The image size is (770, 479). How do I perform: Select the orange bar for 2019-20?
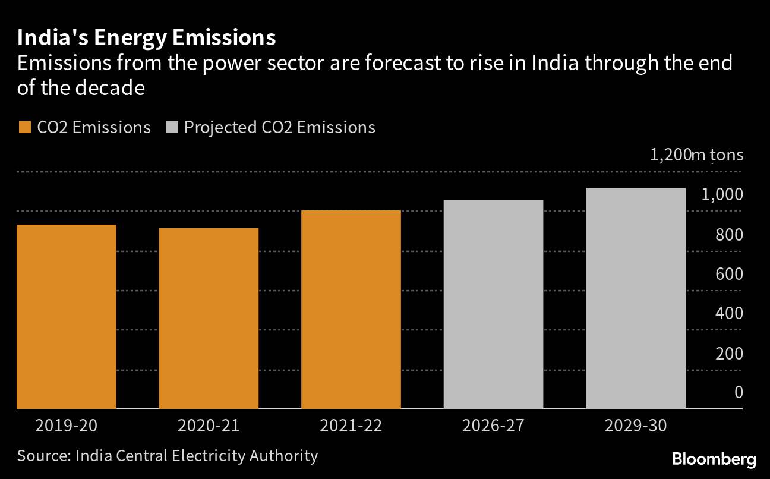(x=66, y=317)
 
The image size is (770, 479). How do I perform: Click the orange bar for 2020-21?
(x=209, y=319)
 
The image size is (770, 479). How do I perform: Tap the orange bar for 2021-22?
(x=351, y=310)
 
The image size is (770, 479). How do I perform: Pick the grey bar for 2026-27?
(x=493, y=304)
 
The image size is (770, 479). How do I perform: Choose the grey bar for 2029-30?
(x=636, y=298)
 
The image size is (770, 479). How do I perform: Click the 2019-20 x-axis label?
(x=66, y=426)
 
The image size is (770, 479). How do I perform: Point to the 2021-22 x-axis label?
(x=351, y=426)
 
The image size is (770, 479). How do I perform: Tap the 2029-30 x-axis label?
(x=636, y=426)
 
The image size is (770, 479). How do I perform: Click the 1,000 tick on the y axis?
(x=722, y=195)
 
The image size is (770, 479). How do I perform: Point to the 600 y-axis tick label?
(x=729, y=274)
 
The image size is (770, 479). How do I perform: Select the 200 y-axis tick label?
(x=729, y=354)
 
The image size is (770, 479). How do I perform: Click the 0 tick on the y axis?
(x=739, y=392)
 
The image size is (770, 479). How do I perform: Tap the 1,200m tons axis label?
(x=696, y=155)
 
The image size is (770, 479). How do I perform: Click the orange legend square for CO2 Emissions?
(x=24, y=128)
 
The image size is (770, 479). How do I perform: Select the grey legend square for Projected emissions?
(x=172, y=128)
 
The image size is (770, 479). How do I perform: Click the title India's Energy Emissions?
(x=146, y=37)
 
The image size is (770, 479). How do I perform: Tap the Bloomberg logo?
(x=714, y=459)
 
